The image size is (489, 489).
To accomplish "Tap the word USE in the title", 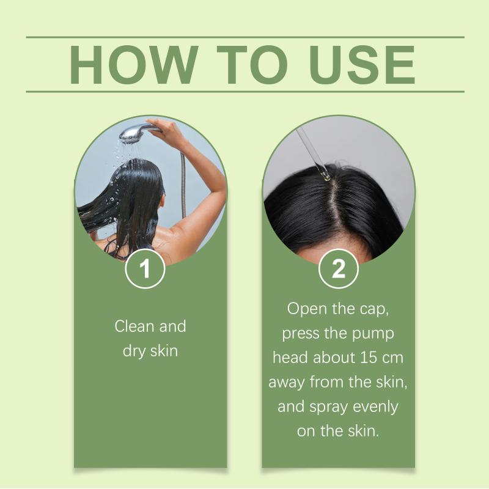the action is click(x=362, y=65).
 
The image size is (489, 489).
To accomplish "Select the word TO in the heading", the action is click(x=252, y=65).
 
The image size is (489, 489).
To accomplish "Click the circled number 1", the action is click(x=145, y=268).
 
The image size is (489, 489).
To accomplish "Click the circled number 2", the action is click(x=339, y=268).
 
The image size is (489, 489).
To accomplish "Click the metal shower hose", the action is click(x=183, y=184).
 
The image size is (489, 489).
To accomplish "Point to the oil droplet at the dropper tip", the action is click(x=326, y=177).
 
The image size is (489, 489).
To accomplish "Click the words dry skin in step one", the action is click(x=150, y=351).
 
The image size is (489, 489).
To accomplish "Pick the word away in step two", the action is click(x=287, y=383).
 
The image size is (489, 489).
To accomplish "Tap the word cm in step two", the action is click(x=393, y=358).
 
